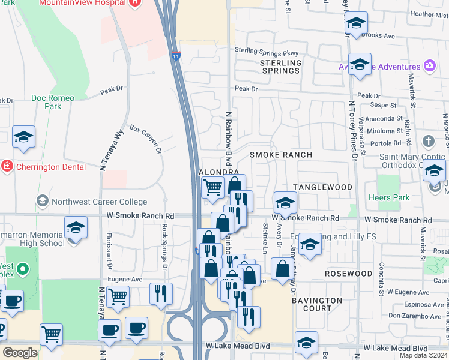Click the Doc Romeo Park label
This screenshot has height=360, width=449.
click(x=53, y=102)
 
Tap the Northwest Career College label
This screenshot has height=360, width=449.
click(x=99, y=202)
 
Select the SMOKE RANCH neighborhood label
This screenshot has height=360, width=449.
click(x=281, y=155)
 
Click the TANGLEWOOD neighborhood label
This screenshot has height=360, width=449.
click(x=323, y=187)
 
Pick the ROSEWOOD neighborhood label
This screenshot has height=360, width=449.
click(x=349, y=274)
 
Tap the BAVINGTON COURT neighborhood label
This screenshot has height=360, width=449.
click(x=317, y=304)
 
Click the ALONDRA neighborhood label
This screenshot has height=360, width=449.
click(x=219, y=172)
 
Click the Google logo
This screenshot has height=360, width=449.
click(x=20, y=352)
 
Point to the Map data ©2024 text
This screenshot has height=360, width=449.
click(x=423, y=355)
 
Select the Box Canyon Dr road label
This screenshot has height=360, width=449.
click(x=146, y=138)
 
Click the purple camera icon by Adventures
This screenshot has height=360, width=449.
click(x=429, y=65)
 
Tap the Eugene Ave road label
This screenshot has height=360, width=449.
click(x=125, y=279)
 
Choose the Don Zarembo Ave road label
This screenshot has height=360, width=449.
click(x=411, y=315)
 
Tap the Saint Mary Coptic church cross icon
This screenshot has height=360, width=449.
click(x=428, y=142)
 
